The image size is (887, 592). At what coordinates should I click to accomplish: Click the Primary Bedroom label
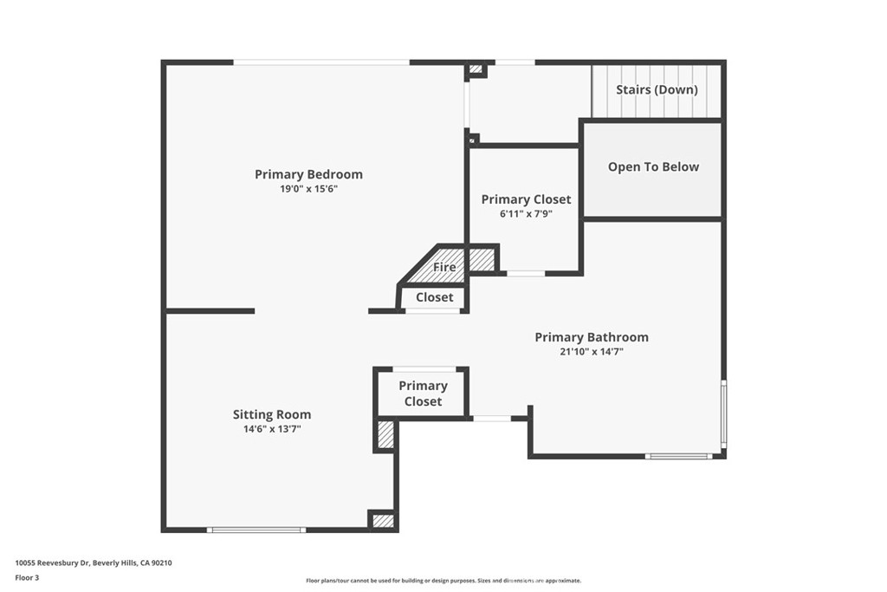308,174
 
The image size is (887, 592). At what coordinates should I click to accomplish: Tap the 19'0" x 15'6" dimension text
308,188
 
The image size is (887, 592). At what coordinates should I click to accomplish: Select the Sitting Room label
272,414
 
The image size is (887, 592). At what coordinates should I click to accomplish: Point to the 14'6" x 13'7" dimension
272,428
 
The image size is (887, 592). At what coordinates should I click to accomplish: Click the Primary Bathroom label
591,337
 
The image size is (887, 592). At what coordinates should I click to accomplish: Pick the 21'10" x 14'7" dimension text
591,351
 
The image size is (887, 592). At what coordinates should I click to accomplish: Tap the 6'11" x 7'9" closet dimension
526,213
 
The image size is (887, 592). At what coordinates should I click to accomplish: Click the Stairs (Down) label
657,89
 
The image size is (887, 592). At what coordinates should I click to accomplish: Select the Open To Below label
653,166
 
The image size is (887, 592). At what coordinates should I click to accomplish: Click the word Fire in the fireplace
444,268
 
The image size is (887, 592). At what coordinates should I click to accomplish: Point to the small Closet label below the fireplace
434,297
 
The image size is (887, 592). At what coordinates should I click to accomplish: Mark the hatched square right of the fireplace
481,259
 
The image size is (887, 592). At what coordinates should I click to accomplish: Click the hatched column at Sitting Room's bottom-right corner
383,521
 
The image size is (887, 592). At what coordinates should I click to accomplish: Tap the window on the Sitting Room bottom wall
256,529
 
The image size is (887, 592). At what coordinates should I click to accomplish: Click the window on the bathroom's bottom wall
679,456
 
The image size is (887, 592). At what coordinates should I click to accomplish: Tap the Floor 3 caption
27,577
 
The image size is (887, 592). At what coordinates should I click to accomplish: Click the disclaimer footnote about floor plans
443,581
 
